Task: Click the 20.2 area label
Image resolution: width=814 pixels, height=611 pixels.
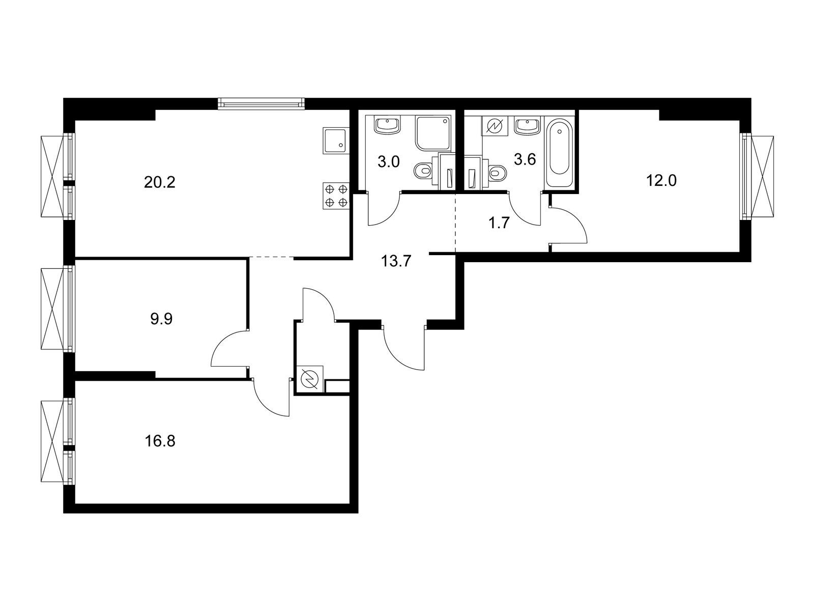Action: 159,182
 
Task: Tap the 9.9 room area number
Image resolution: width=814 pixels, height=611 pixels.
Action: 162,319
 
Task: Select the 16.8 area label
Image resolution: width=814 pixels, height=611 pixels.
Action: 159,440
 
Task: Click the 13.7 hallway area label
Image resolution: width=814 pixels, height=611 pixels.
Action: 396,262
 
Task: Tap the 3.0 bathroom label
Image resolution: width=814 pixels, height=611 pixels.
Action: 389,162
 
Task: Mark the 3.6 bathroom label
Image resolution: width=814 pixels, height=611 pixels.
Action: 525,160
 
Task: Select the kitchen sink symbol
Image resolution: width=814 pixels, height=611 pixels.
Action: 335,141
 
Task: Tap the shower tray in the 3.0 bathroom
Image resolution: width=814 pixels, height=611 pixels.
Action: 433,133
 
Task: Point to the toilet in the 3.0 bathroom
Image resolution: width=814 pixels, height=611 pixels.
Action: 423,172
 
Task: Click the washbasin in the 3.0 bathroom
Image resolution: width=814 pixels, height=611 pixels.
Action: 388,125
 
